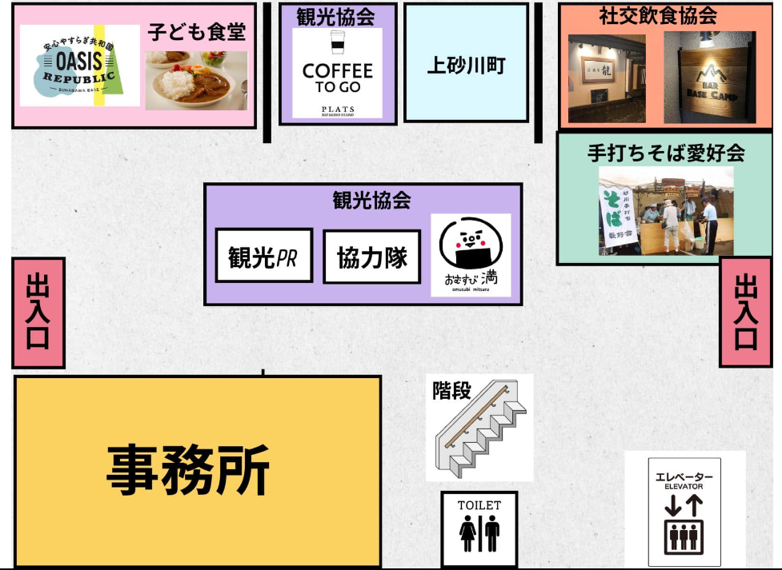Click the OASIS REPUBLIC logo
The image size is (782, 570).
tap(79, 66)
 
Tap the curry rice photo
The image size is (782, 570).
tap(196, 80)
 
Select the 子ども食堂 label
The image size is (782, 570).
tap(196, 32)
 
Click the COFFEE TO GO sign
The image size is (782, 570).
tap(337, 74)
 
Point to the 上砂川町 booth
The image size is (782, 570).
tap(466, 64)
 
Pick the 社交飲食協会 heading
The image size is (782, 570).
tap(658, 15)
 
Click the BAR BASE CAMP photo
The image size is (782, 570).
tap(709, 77)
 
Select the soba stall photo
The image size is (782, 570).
tap(666, 211)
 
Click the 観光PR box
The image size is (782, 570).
tap(264, 256)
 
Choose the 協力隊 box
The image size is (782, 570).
tap(371, 257)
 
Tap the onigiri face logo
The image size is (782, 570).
tap(471, 254)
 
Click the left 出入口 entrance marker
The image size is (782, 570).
tap(38, 313)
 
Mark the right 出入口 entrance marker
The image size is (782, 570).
tap(745, 312)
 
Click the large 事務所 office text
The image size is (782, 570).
tap(189, 470)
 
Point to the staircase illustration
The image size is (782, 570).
tap(481, 436)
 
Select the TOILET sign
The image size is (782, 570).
tap(479, 528)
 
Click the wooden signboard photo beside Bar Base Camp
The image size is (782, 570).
tap(607, 78)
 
